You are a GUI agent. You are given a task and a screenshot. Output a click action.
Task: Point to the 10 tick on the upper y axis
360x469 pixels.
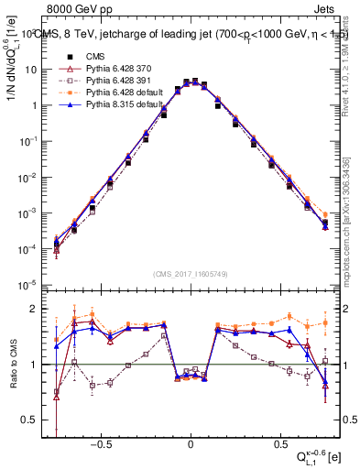click(x=36, y=70)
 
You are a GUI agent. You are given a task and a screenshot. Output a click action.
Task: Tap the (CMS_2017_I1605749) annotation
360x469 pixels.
click(x=190, y=274)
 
